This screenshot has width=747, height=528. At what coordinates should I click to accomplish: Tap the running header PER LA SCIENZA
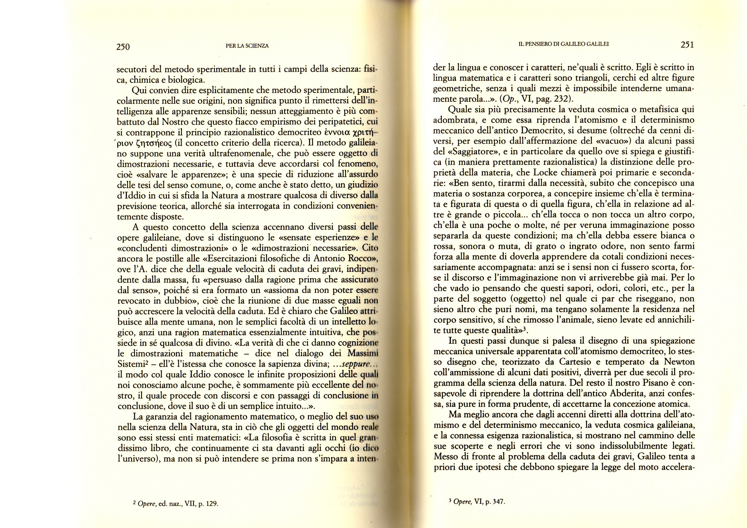tap(247, 46)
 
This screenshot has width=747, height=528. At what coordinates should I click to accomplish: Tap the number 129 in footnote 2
tap(209, 513)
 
